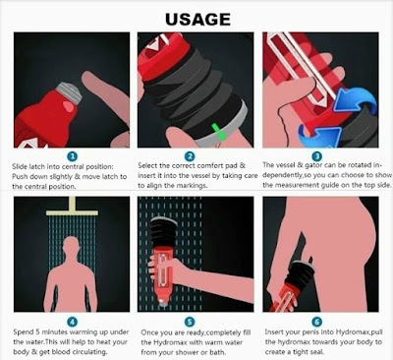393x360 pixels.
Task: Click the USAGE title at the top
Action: [197, 20]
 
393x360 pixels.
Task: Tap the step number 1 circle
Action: [73, 155]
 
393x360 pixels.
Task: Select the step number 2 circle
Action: [190, 156]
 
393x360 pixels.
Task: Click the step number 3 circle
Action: [316, 156]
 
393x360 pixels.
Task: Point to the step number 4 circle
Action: [73, 322]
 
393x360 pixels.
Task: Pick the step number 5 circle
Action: [190, 322]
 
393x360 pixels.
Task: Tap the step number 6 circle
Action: [316, 322]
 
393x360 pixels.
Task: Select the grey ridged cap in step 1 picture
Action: [69, 92]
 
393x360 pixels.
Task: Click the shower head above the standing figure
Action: [72, 208]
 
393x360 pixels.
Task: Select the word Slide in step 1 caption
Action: [20, 166]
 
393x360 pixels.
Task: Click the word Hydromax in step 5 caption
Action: [170, 342]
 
